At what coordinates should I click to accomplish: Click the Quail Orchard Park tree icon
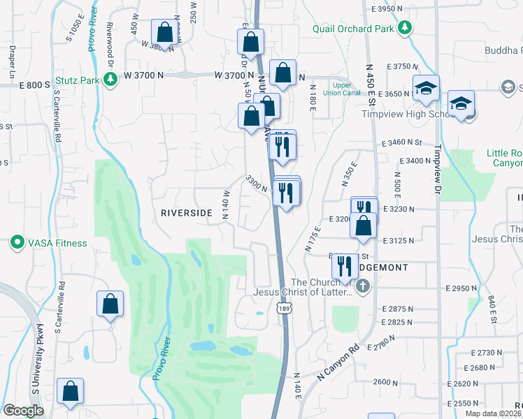[x=404, y=29]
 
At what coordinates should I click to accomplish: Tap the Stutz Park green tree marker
[x=110, y=80]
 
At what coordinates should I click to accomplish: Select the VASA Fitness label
[x=57, y=243]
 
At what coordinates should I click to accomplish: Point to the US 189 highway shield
[x=283, y=309]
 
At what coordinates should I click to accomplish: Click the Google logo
[x=23, y=411]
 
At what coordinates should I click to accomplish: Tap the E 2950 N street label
[x=464, y=288]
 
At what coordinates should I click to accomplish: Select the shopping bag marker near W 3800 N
[x=164, y=32]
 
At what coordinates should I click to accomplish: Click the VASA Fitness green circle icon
[x=17, y=243]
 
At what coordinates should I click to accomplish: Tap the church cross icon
[x=362, y=286]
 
